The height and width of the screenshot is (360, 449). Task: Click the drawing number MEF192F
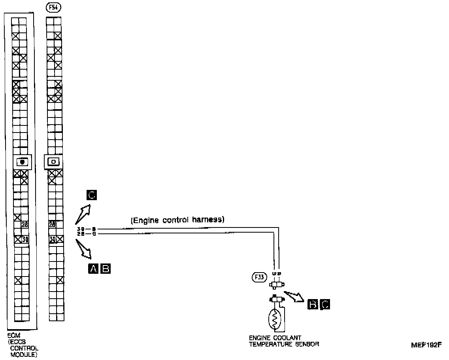pyautogui.click(x=426, y=345)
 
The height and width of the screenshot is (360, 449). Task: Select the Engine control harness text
pyautogui.click(x=177, y=220)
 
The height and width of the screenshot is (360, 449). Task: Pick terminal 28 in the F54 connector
pyautogui.click(x=52, y=225)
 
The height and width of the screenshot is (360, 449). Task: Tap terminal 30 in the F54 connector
pyautogui.click(x=52, y=239)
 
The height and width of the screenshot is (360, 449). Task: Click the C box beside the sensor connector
pyautogui.click(x=324, y=304)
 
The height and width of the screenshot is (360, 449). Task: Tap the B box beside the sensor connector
pyautogui.click(x=312, y=304)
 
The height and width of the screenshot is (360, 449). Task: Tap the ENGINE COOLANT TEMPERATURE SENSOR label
pyautogui.click(x=284, y=341)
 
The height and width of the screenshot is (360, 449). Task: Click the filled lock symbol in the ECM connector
pyautogui.click(x=23, y=162)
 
